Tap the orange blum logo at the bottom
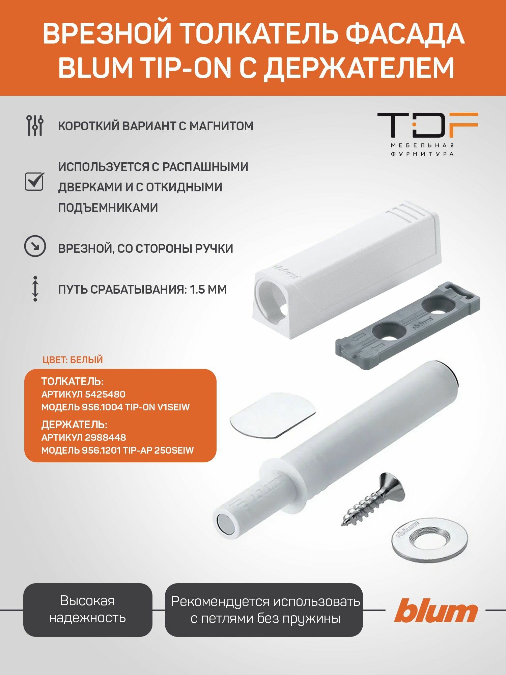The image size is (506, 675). coord(436,610)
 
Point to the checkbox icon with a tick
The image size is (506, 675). coord(34,182)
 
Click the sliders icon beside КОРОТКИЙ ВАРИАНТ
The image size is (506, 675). coord(35,126)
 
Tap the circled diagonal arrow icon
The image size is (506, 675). coord(35,247)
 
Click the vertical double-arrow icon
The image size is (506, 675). coord(35,289)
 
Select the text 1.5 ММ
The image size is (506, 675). coord(208,290)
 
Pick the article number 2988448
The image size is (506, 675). coord(106,437)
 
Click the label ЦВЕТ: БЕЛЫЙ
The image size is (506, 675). coord(73,360)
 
